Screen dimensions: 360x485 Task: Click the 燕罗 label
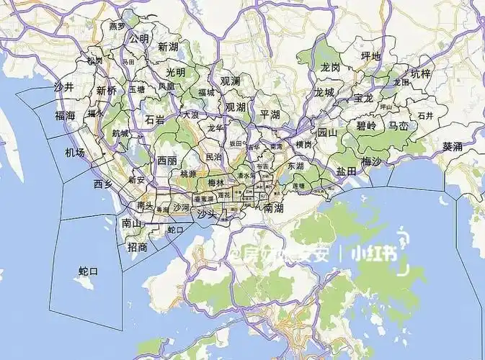[117, 26]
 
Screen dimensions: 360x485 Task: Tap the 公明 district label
[138, 39]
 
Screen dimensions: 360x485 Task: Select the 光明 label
[175, 72]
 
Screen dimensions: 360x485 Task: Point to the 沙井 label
[64, 87]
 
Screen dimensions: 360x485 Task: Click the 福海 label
[65, 115]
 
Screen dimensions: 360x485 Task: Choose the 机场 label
[74, 153]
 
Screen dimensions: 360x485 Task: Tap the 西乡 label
[103, 184]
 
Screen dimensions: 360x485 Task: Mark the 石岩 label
[155, 120]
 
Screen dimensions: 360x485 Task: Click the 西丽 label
[167, 161]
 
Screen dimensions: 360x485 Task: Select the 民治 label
[214, 156]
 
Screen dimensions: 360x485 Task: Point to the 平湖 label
[270, 114]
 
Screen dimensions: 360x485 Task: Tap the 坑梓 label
[420, 73]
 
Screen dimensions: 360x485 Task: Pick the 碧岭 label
[366, 125]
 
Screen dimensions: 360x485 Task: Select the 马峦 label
[399, 125]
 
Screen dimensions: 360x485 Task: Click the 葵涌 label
[453, 145]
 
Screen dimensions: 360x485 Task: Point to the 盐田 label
[346, 171]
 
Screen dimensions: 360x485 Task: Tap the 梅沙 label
[372, 161]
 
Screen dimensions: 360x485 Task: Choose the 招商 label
[137, 247]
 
